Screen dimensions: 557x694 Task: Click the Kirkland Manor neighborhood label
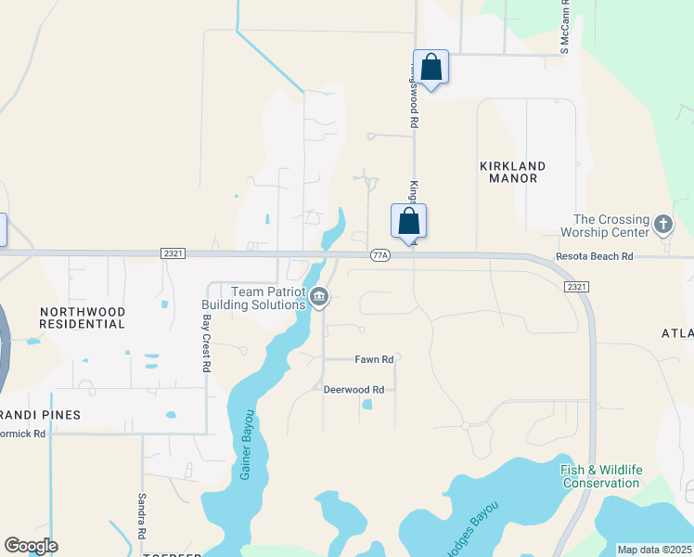click(512, 172)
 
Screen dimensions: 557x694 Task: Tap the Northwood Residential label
click(82, 317)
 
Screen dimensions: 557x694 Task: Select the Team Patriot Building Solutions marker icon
click(319, 297)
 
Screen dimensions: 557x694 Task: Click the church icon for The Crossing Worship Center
click(662, 224)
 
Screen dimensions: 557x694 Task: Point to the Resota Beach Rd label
click(594, 255)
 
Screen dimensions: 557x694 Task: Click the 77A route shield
click(379, 254)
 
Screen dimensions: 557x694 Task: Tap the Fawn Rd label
click(375, 359)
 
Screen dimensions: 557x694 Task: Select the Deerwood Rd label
click(353, 390)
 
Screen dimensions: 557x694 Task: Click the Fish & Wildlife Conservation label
click(601, 476)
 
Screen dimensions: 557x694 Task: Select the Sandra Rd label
click(142, 517)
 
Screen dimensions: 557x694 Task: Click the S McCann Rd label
click(564, 28)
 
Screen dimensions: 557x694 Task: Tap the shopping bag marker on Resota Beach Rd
click(408, 221)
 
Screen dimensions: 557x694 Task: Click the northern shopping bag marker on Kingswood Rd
click(431, 67)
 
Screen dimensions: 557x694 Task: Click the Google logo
click(31, 546)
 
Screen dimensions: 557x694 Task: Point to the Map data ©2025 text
click(654, 550)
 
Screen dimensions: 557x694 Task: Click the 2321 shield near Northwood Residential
click(171, 252)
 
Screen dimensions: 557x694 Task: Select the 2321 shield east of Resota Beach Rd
click(575, 287)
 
